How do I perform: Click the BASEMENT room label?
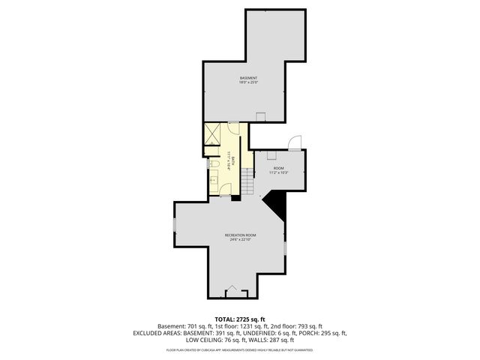[249, 78]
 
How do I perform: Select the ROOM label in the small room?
[278, 169]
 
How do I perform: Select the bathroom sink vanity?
[213, 180]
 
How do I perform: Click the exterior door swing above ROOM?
[295, 142]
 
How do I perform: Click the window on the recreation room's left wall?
[174, 225]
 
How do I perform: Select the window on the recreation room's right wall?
[286, 247]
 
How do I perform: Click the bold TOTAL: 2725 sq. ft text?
[240, 319]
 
